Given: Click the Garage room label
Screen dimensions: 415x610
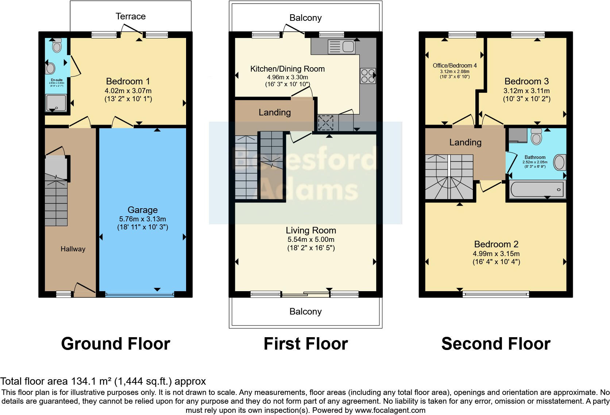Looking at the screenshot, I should coord(142,210).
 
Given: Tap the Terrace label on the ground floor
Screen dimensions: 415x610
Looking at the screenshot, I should coord(130,16).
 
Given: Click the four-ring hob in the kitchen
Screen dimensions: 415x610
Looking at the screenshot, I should coord(367,76).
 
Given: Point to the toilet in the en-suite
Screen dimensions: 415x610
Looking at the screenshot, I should coord(57,46).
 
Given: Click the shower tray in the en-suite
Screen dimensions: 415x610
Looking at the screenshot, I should coord(56,103).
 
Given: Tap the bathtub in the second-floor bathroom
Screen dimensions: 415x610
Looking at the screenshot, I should coord(537,189).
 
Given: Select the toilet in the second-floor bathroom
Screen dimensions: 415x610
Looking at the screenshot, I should coord(536,137).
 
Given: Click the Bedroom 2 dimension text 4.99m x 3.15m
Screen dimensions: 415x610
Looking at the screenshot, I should coord(496,254).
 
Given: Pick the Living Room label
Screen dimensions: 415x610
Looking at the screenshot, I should coord(310,231).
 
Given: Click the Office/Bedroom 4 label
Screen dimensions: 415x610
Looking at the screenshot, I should coord(455,65).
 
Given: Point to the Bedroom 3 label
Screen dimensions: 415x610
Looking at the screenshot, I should coord(526,81).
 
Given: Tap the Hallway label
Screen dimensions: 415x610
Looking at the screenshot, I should coord(73,249).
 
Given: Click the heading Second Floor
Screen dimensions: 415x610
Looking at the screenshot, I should coord(495,344).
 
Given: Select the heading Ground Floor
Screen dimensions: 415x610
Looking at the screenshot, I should coord(116,344).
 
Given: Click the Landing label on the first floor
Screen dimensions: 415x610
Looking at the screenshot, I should coord(274,113).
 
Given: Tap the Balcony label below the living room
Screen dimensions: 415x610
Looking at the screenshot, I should coord(305,312).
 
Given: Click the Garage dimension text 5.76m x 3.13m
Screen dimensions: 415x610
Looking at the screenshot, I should coord(142,219).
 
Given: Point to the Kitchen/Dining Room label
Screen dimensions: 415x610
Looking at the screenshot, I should coord(287,69).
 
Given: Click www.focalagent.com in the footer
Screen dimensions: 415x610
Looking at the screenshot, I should coord(390,410).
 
